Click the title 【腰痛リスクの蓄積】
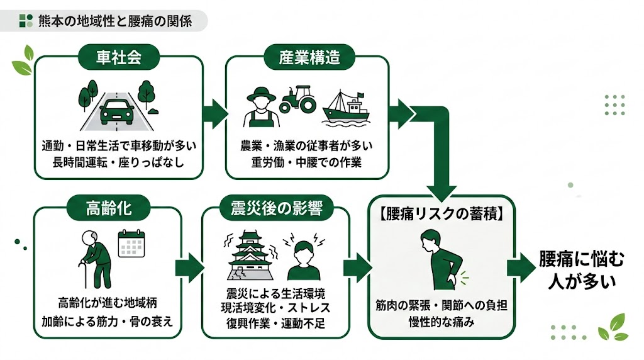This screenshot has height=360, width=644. click(x=440, y=215)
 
